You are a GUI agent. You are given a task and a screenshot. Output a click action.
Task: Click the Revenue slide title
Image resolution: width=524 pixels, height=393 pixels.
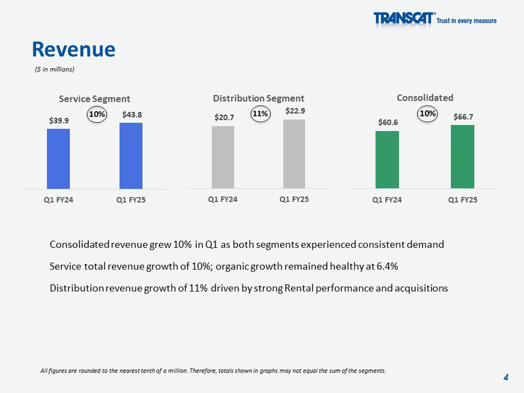click(73, 49)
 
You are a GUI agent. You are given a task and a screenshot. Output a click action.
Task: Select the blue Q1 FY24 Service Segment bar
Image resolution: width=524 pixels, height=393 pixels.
click(58, 158)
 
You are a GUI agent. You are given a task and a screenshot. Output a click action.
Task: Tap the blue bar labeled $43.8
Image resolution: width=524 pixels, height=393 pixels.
click(131, 155)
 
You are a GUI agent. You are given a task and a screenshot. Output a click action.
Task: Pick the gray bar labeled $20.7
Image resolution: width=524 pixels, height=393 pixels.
click(223, 157)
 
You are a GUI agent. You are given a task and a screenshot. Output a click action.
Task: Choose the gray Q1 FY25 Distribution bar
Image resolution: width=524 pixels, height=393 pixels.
click(294, 154)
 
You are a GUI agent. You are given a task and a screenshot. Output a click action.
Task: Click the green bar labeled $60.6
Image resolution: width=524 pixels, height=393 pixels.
click(387, 160)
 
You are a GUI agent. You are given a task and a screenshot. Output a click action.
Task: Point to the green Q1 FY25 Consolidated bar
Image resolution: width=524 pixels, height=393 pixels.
click(462, 157)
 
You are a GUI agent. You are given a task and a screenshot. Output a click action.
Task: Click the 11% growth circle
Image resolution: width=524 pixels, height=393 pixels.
click(260, 114)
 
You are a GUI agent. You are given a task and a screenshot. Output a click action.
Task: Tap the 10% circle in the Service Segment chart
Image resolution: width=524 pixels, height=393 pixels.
click(97, 115)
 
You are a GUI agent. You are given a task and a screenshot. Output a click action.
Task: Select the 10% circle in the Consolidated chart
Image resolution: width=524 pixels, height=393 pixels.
click(427, 114)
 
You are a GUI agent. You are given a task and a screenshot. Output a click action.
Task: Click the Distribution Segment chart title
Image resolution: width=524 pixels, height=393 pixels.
click(259, 98)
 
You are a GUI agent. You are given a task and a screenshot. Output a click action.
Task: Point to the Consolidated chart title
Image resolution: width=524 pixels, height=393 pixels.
click(425, 98)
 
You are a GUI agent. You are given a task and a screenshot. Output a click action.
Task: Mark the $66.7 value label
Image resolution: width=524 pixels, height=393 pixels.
click(463, 117)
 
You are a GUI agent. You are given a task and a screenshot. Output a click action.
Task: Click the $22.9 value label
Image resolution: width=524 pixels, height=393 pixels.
click(295, 111)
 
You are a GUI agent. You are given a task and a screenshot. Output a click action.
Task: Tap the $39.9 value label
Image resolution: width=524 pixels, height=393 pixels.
click(59, 121)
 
